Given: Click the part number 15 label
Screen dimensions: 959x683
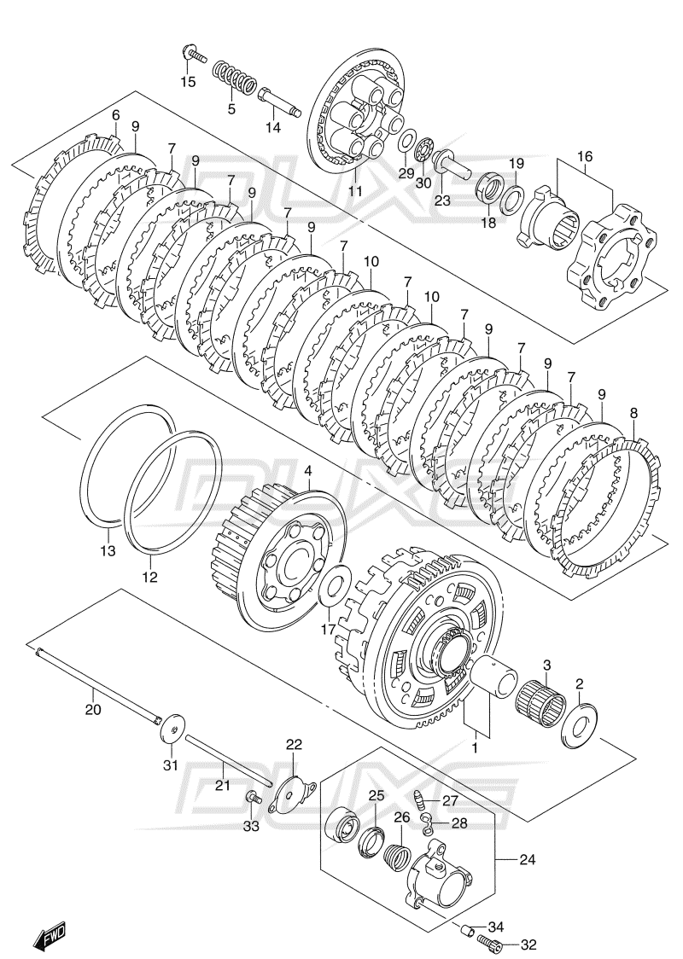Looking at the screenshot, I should point(187,82).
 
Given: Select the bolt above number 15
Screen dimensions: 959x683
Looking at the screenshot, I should point(194,55).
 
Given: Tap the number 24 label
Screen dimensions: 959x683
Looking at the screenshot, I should point(526,861).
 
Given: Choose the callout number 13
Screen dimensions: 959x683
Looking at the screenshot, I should point(107,551).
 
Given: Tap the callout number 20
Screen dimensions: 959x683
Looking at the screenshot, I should point(93,709).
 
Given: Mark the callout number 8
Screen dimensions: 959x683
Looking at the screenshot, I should point(633,412).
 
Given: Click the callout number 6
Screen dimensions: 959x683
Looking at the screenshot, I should point(115,115).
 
